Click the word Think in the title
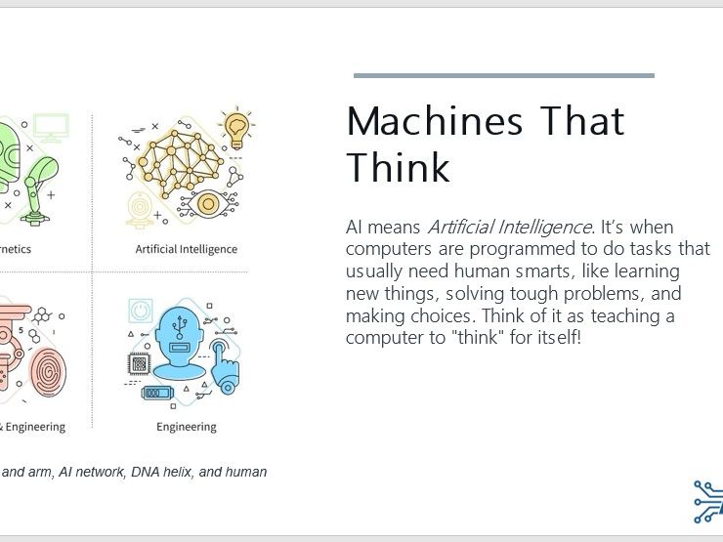click(x=398, y=168)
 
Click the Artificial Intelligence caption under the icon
click(x=186, y=249)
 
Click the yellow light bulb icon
click(x=235, y=127)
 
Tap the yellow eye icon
click(x=207, y=204)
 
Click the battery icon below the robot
click(x=156, y=394)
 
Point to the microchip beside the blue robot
click(x=140, y=363)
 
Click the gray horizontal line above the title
click(x=503, y=75)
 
